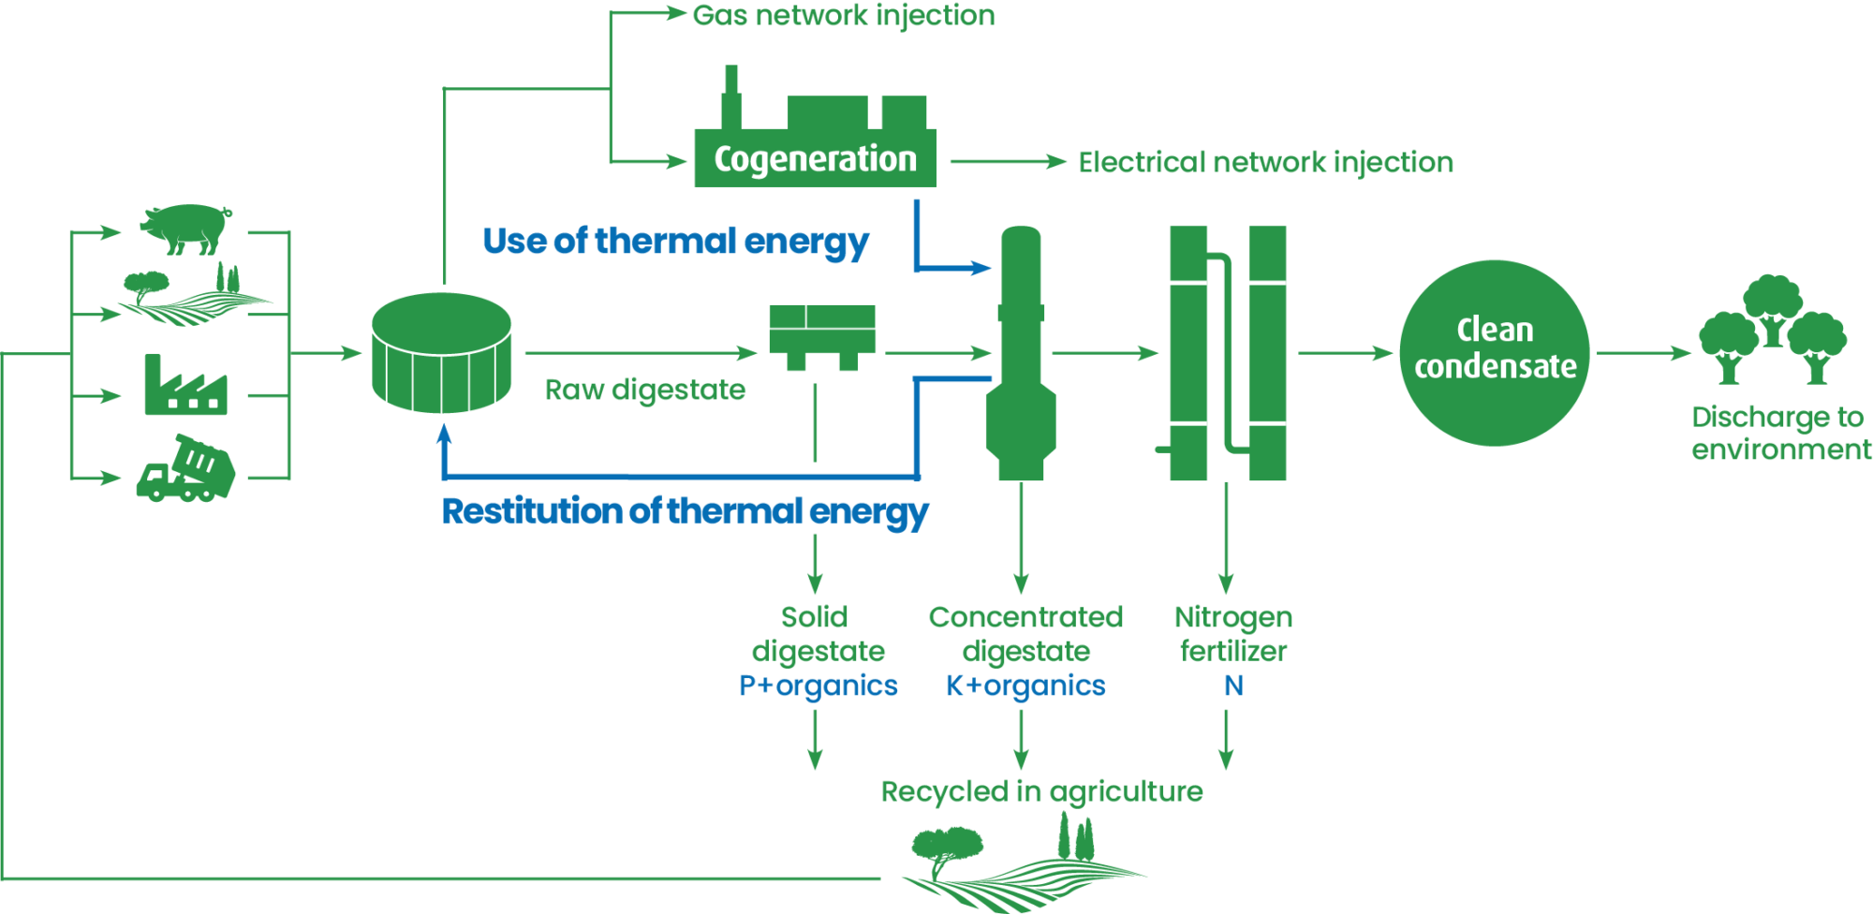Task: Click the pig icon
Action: (x=185, y=228)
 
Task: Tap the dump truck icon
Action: (x=185, y=468)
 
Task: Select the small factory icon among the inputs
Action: (x=185, y=384)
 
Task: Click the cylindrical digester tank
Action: (x=441, y=353)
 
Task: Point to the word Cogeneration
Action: (x=815, y=159)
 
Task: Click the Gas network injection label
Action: (x=844, y=16)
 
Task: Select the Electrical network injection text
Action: (x=1265, y=163)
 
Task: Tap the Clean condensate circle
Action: (x=1495, y=353)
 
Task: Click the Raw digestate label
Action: (x=645, y=390)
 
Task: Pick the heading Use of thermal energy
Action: (x=675, y=242)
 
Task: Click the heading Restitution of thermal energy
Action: (x=685, y=512)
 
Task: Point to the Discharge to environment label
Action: (x=1780, y=433)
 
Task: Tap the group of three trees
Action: (x=1773, y=330)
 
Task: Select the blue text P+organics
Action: (x=819, y=685)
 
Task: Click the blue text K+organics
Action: (x=1025, y=685)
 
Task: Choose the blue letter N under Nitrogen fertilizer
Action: (x=1234, y=685)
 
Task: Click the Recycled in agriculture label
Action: (x=1041, y=792)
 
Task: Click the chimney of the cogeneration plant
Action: (x=731, y=96)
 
